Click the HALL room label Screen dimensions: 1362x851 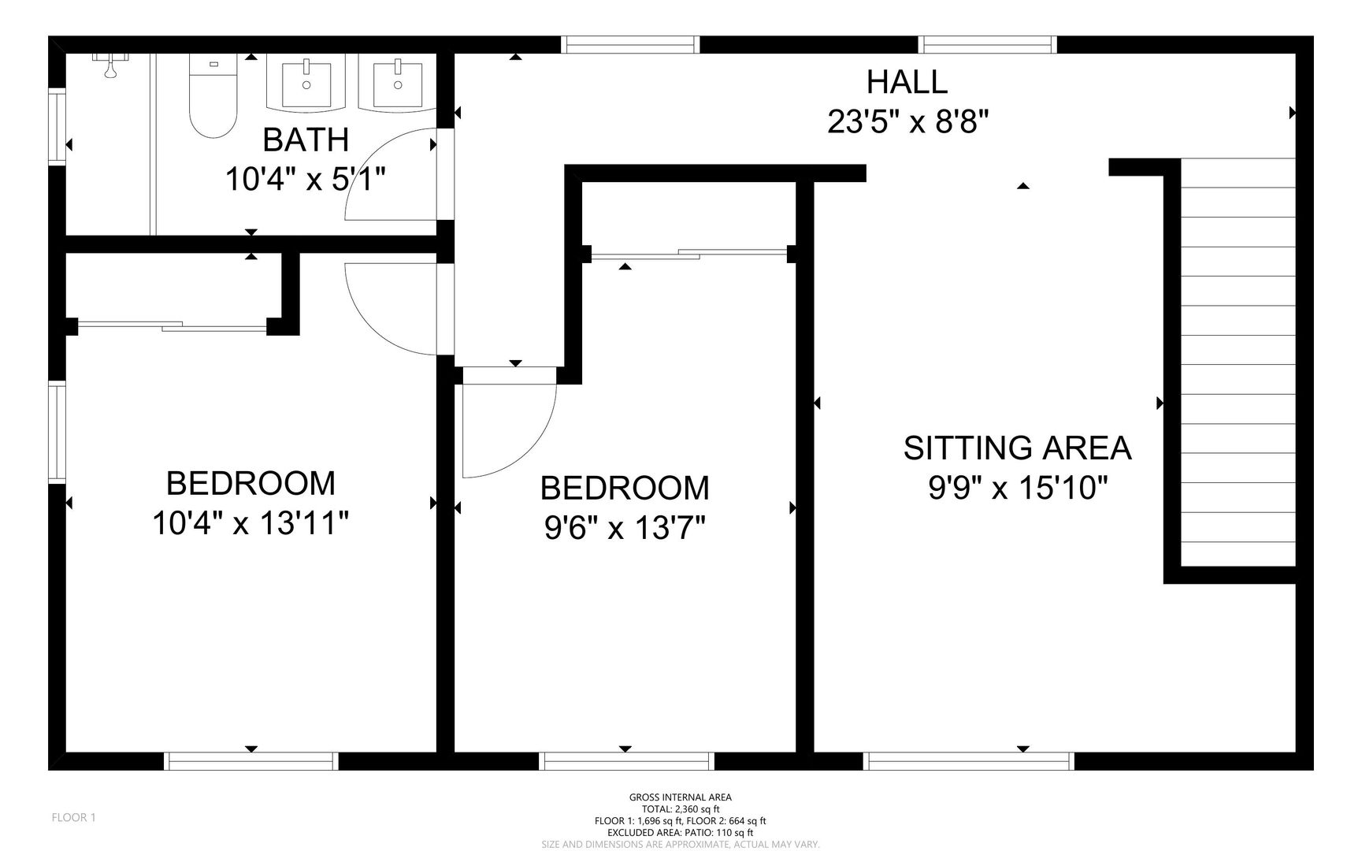click(907, 82)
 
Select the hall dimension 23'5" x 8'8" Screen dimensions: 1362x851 click(907, 122)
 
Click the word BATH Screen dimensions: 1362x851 click(306, 139)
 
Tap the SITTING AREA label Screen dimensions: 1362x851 click(1017, 448)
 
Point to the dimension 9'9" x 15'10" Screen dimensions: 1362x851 click(1018, 489)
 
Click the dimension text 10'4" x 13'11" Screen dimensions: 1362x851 click(251, 522)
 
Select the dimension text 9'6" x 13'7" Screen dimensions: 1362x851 click(625, 528)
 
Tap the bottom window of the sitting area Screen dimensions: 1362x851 click(968, 761)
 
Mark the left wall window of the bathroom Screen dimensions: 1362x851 click(57, 127)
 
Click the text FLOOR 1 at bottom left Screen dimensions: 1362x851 click(74, 818)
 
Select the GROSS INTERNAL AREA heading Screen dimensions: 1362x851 click(681, 797)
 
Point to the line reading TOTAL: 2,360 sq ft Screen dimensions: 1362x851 click(681, 809)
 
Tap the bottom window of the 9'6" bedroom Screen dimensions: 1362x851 click(626, 761)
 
